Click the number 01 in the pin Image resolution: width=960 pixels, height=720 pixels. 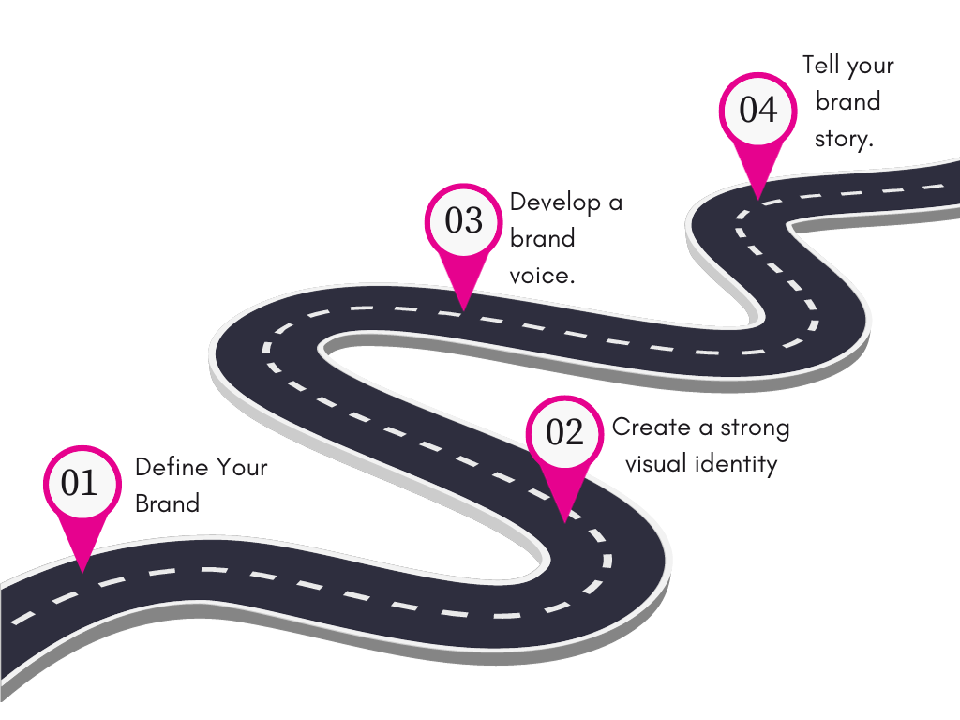pos(80,483)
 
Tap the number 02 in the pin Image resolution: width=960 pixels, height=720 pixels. pos(564,433)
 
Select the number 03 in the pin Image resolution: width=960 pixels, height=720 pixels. pos(463,221)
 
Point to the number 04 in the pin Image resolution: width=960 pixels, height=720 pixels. pos(757,111)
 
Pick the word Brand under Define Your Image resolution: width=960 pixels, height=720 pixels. pos(167,503)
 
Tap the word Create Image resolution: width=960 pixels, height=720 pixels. pos(651,428)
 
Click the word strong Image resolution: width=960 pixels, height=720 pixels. pos(755,428)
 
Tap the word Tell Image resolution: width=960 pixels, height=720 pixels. pos(820,66)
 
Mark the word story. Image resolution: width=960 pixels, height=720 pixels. pos(843,138)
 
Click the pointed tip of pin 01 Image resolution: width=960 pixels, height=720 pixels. pos(82,571)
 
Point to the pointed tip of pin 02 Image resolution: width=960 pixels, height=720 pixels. pos(563,521)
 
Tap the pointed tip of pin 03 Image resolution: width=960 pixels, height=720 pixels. pos(462,309)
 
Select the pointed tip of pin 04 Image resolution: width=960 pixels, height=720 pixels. pos(757,200)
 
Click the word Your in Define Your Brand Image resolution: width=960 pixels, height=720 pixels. pos(242,467)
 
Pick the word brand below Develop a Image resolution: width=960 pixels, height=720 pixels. pos(542,238)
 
